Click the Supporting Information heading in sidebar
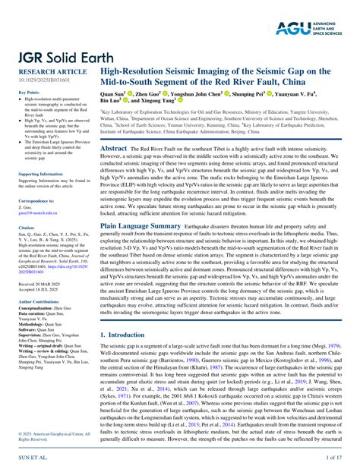pyautogui.click(x=42, y=175)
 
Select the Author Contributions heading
pyautogui.click(x=41, y=301)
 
